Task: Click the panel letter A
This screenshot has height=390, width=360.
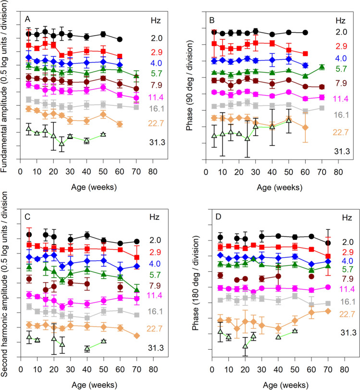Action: click(28, 19)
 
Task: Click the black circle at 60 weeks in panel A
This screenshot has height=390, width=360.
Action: click(120, 39)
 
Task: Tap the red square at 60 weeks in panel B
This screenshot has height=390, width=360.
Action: click(305, 53)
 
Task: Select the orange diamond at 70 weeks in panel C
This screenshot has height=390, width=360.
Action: click(137, 335)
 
